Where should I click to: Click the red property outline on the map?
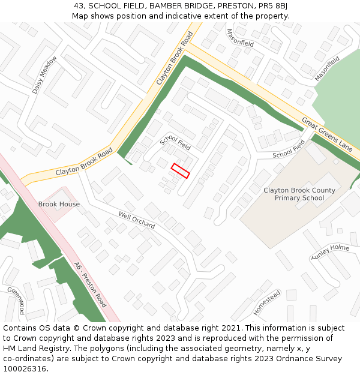(x=180, y=170)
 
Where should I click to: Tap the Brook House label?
(x=59, y=204)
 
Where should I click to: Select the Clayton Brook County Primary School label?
(x=299, y=194)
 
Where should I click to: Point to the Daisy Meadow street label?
(x=44, y=74)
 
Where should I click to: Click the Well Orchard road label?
(x=137, y=220)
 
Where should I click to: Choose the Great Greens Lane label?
(x=327, y=133)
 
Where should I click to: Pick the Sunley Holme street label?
(x=330, y=252)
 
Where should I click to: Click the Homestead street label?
(x=266, y=302)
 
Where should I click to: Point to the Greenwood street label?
(x=16, y=300)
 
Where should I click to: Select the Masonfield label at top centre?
(x=240, y=37)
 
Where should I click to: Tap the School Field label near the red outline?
(x=175, y=142)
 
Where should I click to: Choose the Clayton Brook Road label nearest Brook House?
(x=84, y=162)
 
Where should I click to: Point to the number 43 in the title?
(x=79, y=6)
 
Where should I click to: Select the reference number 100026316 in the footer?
(x=24, y=368)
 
